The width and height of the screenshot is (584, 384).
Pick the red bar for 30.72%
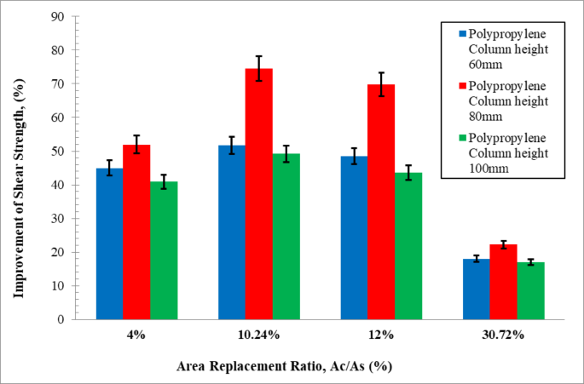(x=503, y=282)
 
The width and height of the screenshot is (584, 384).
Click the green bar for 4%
(x=164, y=250)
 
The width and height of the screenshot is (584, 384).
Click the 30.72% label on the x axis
(x=503, y=335)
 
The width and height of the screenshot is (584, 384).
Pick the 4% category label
(x=136, y=335)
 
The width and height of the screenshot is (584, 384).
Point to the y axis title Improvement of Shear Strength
(x=18, y=168)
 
